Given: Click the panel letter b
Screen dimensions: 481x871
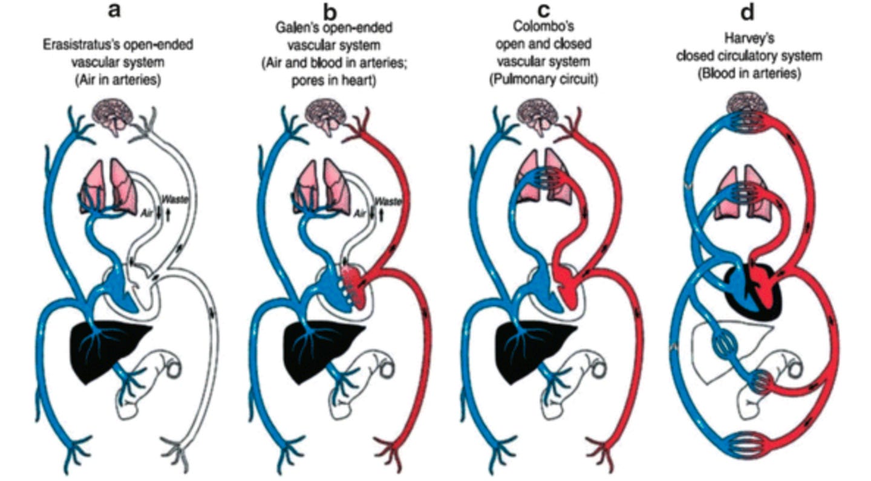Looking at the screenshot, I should pyautogui.click(x=330, y=11).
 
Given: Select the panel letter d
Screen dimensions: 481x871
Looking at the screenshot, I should pyautogui.click(x=748, y=11).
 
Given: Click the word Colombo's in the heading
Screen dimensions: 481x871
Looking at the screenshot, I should pyautogui.click(x=544, y=28).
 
